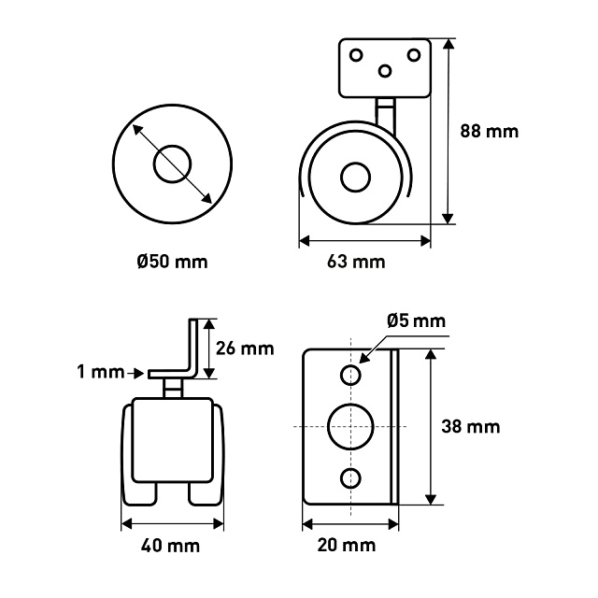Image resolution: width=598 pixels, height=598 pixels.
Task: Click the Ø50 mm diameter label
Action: coord(172,262)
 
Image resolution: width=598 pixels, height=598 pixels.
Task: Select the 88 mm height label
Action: coord(490,131)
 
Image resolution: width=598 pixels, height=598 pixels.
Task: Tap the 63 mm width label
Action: coord(356,262)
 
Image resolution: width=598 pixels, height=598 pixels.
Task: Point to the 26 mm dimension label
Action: coord(245,349)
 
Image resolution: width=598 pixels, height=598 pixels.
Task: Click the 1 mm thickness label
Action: coord(101,372)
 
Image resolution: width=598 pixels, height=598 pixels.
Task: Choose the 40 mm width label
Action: coord(170,546)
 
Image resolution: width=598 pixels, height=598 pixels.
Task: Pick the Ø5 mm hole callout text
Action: coord(416,321)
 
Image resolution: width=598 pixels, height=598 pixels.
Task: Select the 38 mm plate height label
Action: coord(471,426)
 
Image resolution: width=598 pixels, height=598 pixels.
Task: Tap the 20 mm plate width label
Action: coord(347,545)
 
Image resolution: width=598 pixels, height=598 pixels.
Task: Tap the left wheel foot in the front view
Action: coord(139,494)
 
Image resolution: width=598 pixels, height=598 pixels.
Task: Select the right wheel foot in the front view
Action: coord(206,494)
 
